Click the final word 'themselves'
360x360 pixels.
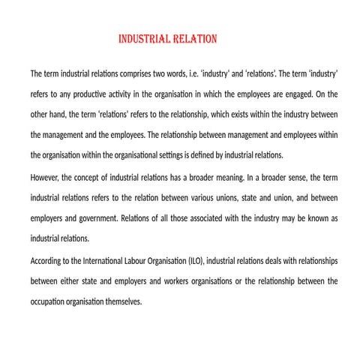coord(121,301)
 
